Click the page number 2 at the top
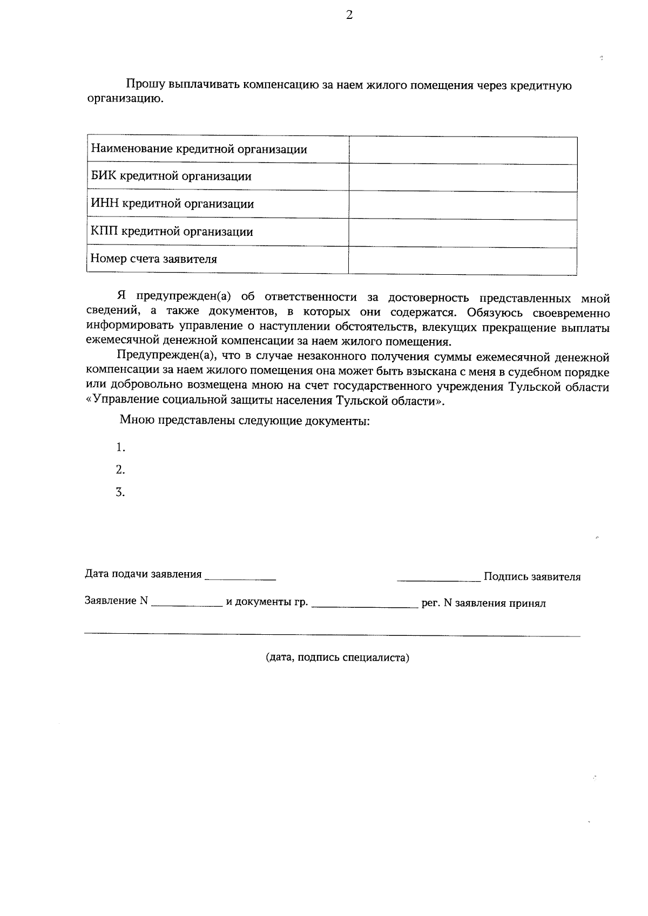click(x=349, y=16)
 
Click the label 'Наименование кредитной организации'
click(x=199, y=150)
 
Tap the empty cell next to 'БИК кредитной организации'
click(x=463, y=178)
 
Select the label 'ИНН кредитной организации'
click(x=172, y=204)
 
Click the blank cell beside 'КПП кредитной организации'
click(x=463, y=233)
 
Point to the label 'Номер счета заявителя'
click(x=154, y=259)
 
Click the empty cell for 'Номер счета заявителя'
click(x=463, y=261)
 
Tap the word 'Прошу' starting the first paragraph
click(x=145, y=85)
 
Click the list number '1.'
click(x=120, y=447)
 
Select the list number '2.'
click(x=120, y=470)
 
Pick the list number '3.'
click(x=120, y=493)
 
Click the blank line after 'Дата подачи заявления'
click(x=241, y=577)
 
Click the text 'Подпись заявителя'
click(x=532, y=577)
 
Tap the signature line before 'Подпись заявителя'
click(x=438, y=579)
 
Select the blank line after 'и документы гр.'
click(x=365, y=605)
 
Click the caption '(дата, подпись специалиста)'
click(x=337, y=658)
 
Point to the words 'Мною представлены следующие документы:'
click(x=245, y=420)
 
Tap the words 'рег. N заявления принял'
click(x=483, y=603)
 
